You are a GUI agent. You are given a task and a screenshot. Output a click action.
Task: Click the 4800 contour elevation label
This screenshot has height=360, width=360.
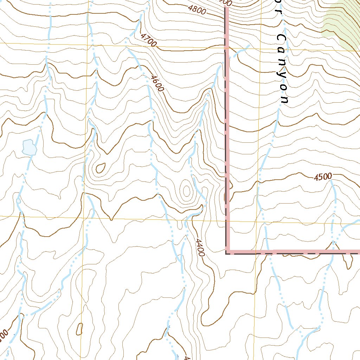tap(197, 10)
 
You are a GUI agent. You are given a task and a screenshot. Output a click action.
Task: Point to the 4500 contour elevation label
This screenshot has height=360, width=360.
tap(323, 177)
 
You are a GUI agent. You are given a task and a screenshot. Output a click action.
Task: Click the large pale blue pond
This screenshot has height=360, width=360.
tap(29, 147)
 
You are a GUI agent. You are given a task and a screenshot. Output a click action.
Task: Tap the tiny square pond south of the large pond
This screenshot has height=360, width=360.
tap(18, 201)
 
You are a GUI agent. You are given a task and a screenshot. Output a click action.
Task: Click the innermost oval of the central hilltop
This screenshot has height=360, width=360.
tap(186, 191)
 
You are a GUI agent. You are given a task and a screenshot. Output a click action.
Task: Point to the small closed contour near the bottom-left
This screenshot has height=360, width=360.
tap(79, 329)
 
